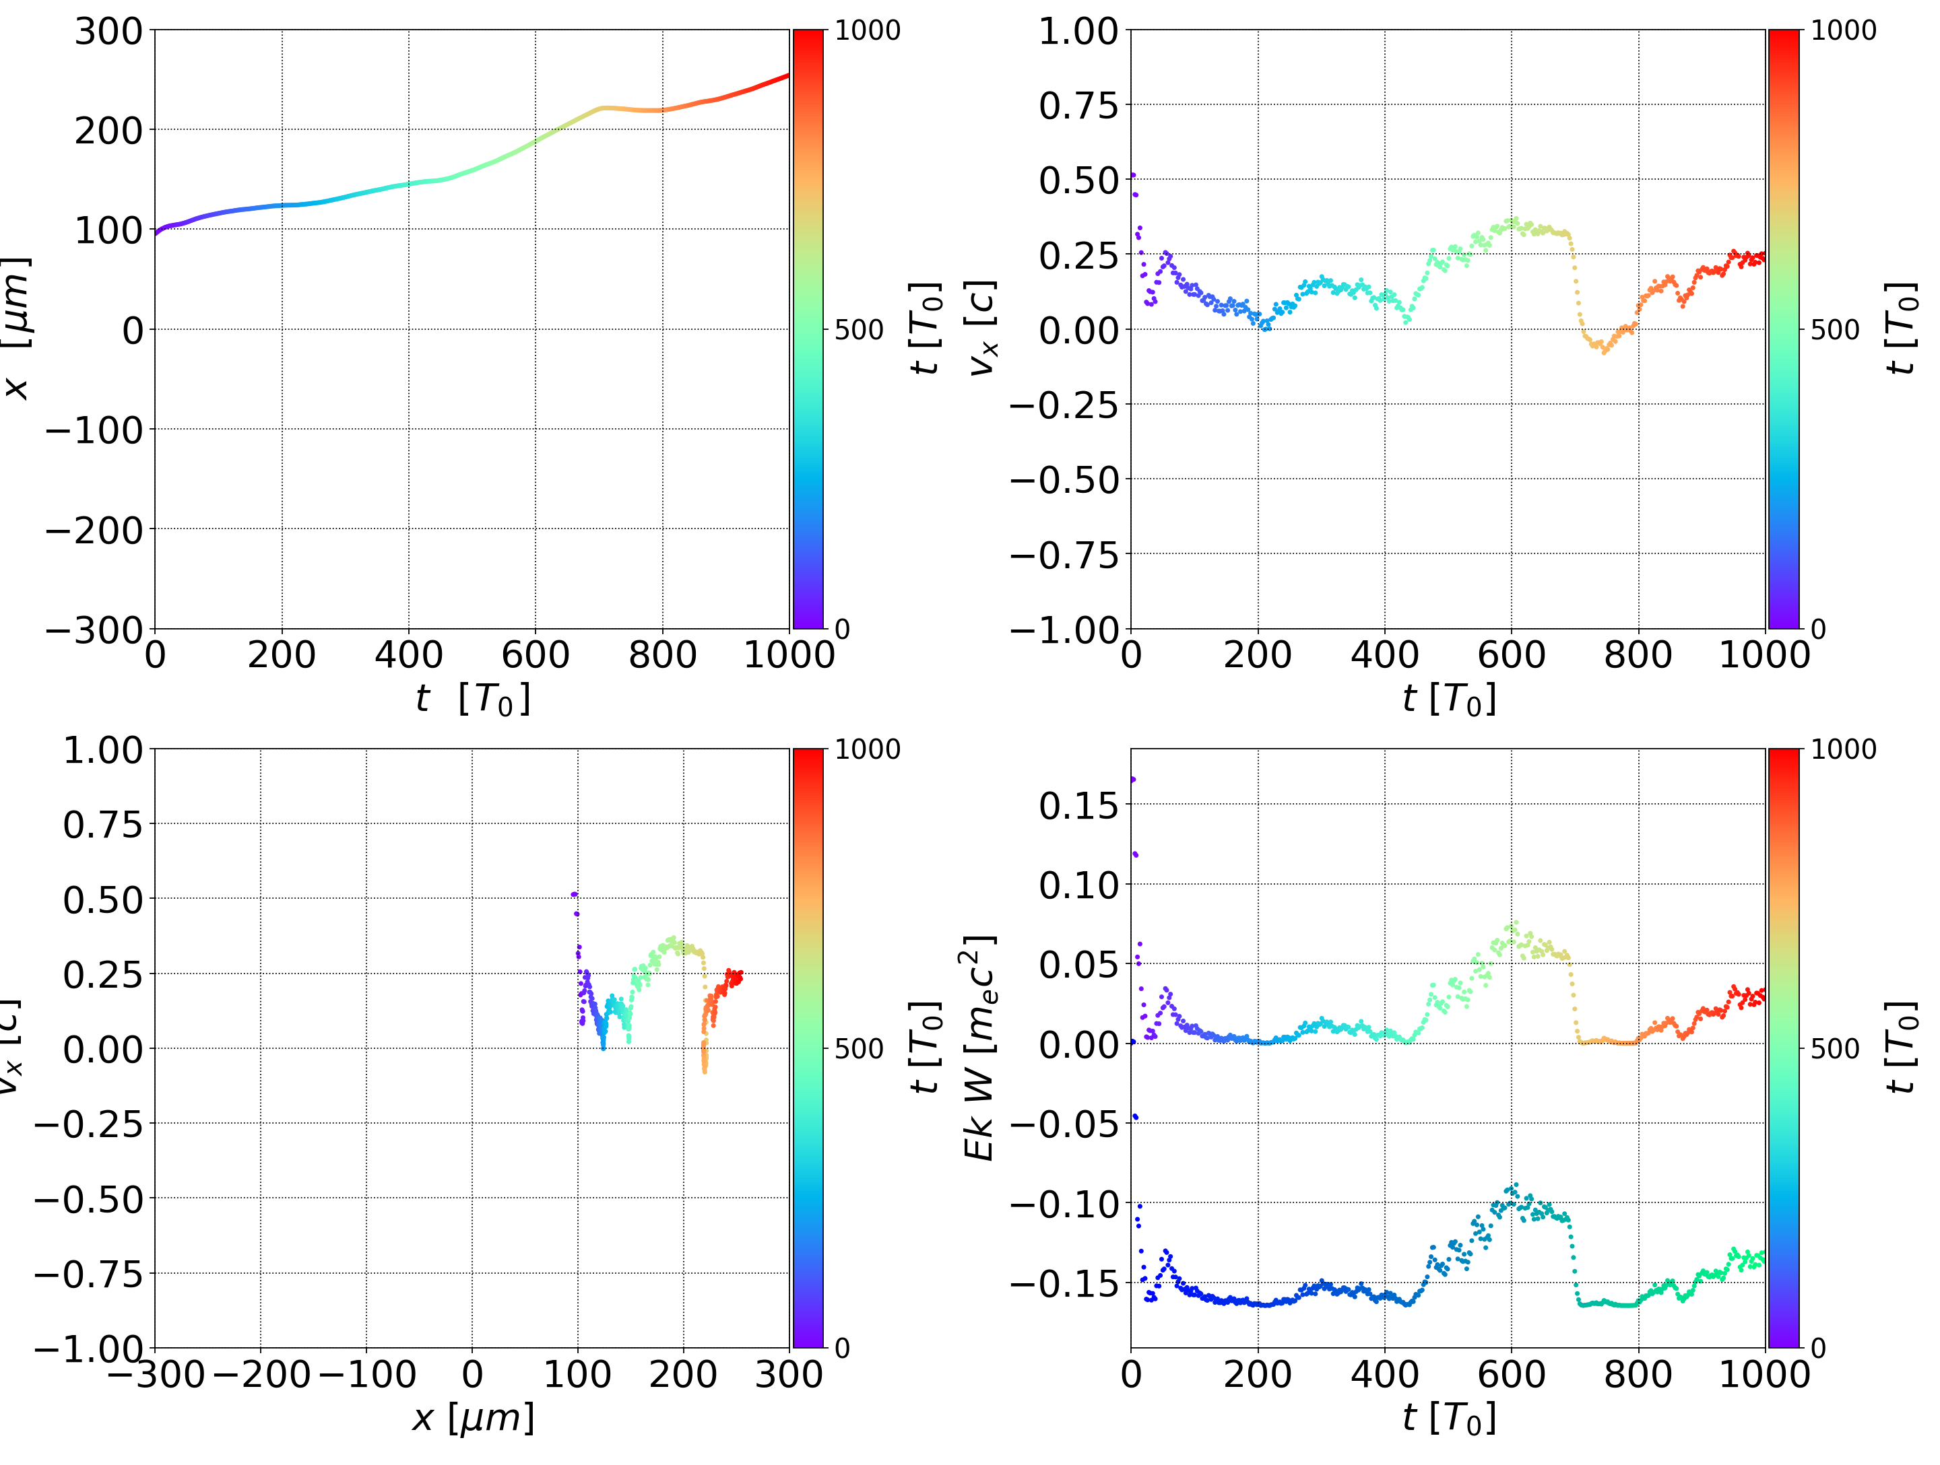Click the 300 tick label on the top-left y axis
coord(108,32)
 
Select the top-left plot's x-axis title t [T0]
coord(473,700)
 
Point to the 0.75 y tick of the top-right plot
coord(1078,106)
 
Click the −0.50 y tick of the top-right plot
coord(1065,481)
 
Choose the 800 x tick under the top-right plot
coord(1638,656)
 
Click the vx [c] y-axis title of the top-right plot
coord(982,329)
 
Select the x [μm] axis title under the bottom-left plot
coord(473,1419)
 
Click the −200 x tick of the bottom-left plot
coord(261,1375)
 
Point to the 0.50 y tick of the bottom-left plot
coord(102,900)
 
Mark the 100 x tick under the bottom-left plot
coord(577,1375)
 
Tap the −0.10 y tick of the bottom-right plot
coord(1065,1204)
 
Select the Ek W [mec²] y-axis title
coord(979,1048)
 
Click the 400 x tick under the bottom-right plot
coord(1384,1375)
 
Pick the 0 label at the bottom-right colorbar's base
coord(1818,1349)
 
